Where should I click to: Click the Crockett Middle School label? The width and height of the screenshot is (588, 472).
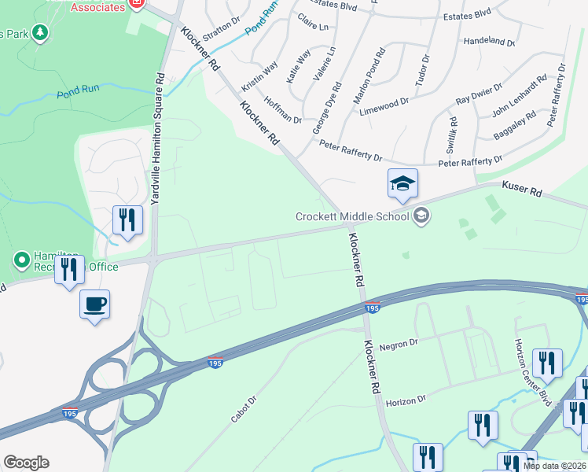[x=352, y=216]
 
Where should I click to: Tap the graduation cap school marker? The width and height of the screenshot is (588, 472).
[x=402, y=185]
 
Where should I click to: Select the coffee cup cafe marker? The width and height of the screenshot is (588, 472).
[x=94, y=304]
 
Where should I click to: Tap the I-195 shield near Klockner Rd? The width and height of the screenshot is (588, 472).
[x=373, y=309]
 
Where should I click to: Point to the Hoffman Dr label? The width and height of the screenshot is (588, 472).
[x=283, y=110]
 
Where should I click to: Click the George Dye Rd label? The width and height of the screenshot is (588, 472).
[x=326, y=109]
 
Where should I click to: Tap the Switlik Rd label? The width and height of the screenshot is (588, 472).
[x=452, y=135]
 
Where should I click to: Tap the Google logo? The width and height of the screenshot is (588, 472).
[x=26, y=463]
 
